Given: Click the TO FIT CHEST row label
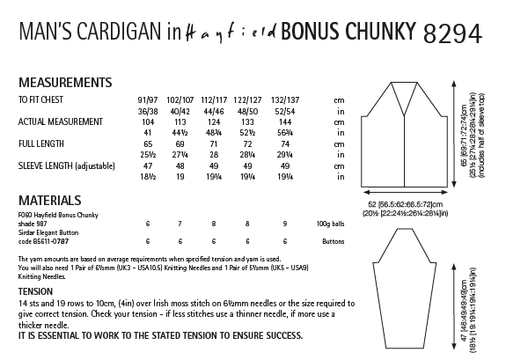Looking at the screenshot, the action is pyautogui.click(x=47, y=102).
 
